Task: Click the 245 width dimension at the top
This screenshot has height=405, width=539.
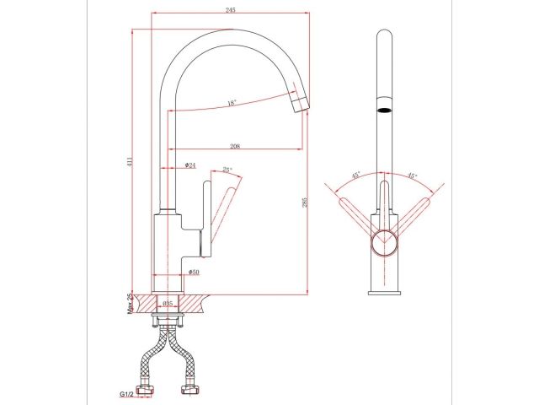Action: (x=230, y=10)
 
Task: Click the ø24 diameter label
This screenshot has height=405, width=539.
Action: (x=190, y=165)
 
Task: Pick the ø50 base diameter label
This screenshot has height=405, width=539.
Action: (x=193, y=273)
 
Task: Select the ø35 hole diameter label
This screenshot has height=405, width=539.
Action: (x=168, y=303)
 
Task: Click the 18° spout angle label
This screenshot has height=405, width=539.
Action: (x=232, y=104)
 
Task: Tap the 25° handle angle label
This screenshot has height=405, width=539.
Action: (x=227, y=170)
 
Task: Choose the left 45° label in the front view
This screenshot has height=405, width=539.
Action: (x=355, y=175)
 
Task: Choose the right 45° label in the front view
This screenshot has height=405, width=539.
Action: (x=412, y=175)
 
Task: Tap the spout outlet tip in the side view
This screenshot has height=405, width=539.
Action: (x=300, y=105)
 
